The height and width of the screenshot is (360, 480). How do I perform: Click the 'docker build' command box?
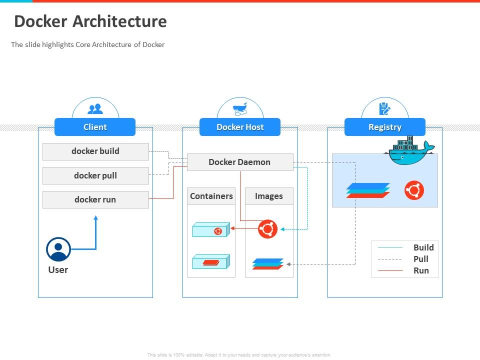[x=95, y=151]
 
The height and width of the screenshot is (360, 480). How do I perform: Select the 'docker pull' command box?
[x=95, y=175]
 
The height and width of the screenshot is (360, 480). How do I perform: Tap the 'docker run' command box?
[x=95, y=199]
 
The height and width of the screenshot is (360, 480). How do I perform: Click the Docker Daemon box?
[x=239, y=162]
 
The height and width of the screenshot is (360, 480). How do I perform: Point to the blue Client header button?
[x=95, y=127]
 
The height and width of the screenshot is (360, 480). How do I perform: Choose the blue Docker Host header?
[x=240, y=127]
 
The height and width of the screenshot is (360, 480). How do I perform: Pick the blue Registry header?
[x=385, y=127]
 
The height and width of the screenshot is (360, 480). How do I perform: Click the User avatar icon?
[x=58, y=249]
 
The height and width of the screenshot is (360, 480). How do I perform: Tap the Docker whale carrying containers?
[x=408, y=151]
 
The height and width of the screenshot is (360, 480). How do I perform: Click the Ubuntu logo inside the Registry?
[x=414, y=190]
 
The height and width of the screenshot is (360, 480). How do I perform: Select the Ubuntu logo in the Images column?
[x=267, y=229]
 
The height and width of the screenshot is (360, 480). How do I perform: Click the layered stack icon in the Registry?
[x=368, y=190]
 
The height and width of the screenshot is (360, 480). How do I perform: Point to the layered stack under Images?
[x=268, y=263]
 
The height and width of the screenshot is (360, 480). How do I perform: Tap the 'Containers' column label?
[x=211, y=196]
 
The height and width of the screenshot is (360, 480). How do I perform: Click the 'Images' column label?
[x=269, y=196]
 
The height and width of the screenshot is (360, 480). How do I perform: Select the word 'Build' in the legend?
[x=423, y=247]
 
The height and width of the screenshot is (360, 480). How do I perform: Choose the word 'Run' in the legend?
[x=421, y=270]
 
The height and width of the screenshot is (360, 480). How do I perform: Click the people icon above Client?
[x=95, y=108]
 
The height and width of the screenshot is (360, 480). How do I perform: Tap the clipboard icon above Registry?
[x=384, y=108]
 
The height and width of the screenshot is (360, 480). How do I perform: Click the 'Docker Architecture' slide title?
[x=90, y=21]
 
